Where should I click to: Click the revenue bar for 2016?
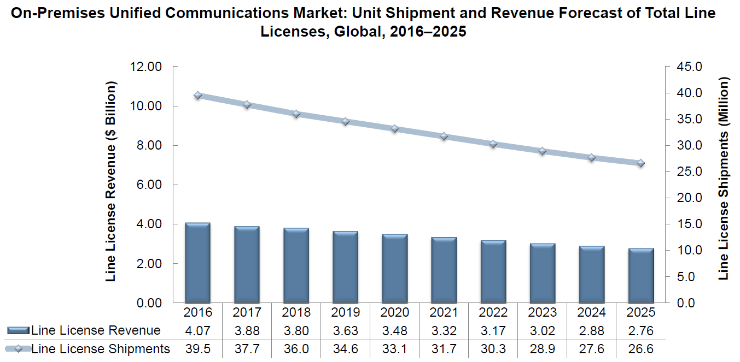click(197, 262)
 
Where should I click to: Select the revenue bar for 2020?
click(394, 268)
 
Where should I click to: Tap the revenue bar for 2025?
click(640, 275)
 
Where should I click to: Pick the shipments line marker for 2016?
click(197, 96)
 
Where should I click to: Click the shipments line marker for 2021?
click(444, 137)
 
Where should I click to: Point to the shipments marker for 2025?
click(640, 163)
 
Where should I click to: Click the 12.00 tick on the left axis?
click(147, 67)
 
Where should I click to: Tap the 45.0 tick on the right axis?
click(687, 67)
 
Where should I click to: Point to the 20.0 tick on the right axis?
click(687, 198)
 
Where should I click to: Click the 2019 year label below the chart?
click(345, 312)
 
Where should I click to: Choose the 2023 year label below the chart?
click(542, 312)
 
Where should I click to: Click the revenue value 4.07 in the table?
click(197, 331)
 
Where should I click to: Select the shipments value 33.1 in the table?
click(394, 349)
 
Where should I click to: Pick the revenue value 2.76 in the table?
click(640, 331)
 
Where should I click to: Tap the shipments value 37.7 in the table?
click(247, 349)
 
